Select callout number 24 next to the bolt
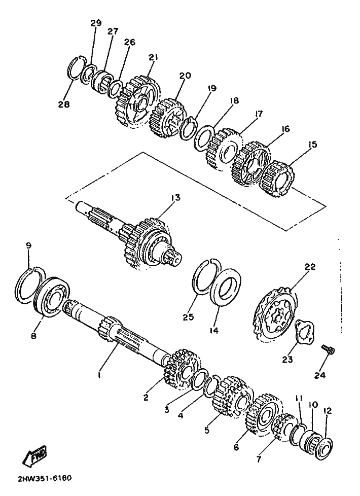coord(319,376)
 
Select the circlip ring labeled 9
coord(29,281)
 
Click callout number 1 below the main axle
coord(99,376)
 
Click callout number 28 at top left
coord(64,105)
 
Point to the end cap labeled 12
coord(325,441)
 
